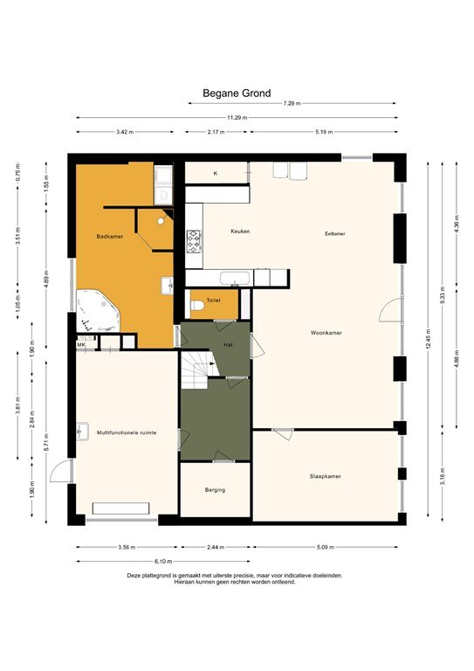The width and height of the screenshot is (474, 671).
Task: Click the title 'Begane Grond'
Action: point(237,93)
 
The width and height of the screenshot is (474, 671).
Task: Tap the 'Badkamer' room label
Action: point(109,237)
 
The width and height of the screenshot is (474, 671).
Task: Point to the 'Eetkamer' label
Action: point(335,233)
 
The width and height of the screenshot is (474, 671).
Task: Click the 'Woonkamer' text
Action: point(326,333)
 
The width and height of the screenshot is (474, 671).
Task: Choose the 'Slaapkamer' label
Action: point(325,476)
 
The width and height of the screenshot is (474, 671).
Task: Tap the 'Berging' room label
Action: point(215,490)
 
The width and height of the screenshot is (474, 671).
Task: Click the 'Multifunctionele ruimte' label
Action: point(127,432)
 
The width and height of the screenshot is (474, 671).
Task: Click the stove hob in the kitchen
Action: point(194,238)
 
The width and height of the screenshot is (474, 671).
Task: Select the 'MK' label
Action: point(81,345)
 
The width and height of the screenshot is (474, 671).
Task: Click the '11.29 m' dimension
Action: point(236,117)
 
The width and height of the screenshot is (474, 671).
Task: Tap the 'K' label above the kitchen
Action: point(215,174)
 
